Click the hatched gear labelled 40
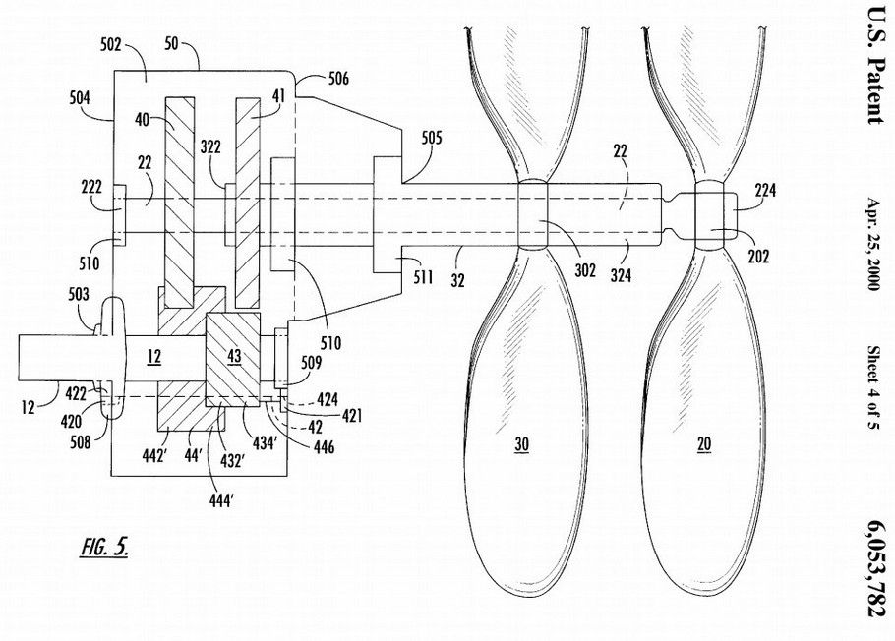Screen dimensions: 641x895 coord(181,197)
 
